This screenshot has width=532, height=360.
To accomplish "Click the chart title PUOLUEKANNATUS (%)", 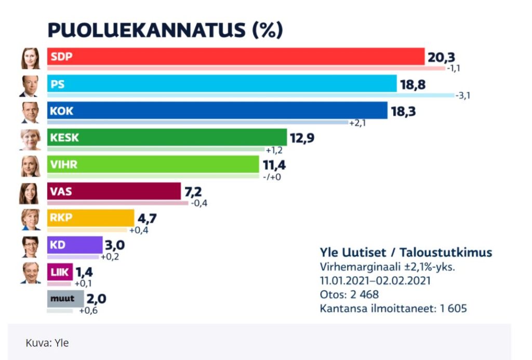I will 165,30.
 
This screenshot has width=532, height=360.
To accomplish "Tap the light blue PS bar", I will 222,84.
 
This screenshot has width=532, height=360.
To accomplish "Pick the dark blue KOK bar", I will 217,111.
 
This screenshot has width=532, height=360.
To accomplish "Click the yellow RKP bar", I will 90,218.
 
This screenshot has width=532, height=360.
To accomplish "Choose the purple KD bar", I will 75,245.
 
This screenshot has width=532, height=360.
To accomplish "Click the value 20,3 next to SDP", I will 441,57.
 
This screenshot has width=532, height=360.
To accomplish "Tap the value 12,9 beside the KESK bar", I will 302,138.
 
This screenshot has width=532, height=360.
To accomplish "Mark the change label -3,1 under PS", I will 462,96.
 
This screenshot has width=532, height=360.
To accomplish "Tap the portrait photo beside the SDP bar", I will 30,58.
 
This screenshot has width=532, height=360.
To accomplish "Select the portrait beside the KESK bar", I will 30,139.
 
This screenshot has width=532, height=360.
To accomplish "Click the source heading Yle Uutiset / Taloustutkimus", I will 405,253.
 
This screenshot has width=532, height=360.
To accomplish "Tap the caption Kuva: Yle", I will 47,343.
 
